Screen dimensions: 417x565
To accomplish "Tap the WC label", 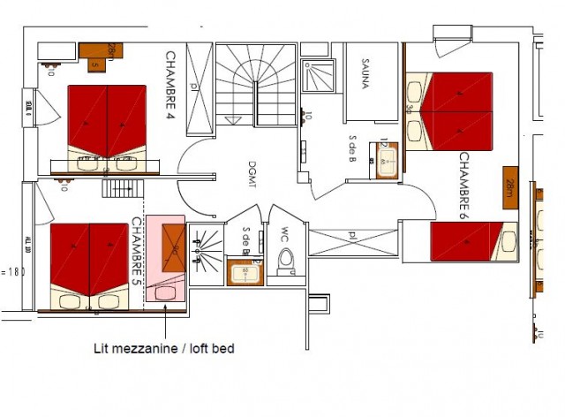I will pos(284,236).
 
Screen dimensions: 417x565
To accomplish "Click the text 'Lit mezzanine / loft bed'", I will pos(164,348).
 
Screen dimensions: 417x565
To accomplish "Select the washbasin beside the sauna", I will pos(388,160).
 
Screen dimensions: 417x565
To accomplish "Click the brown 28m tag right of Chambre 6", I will pos(510,187).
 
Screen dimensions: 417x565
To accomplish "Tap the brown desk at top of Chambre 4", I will pos(104,55).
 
